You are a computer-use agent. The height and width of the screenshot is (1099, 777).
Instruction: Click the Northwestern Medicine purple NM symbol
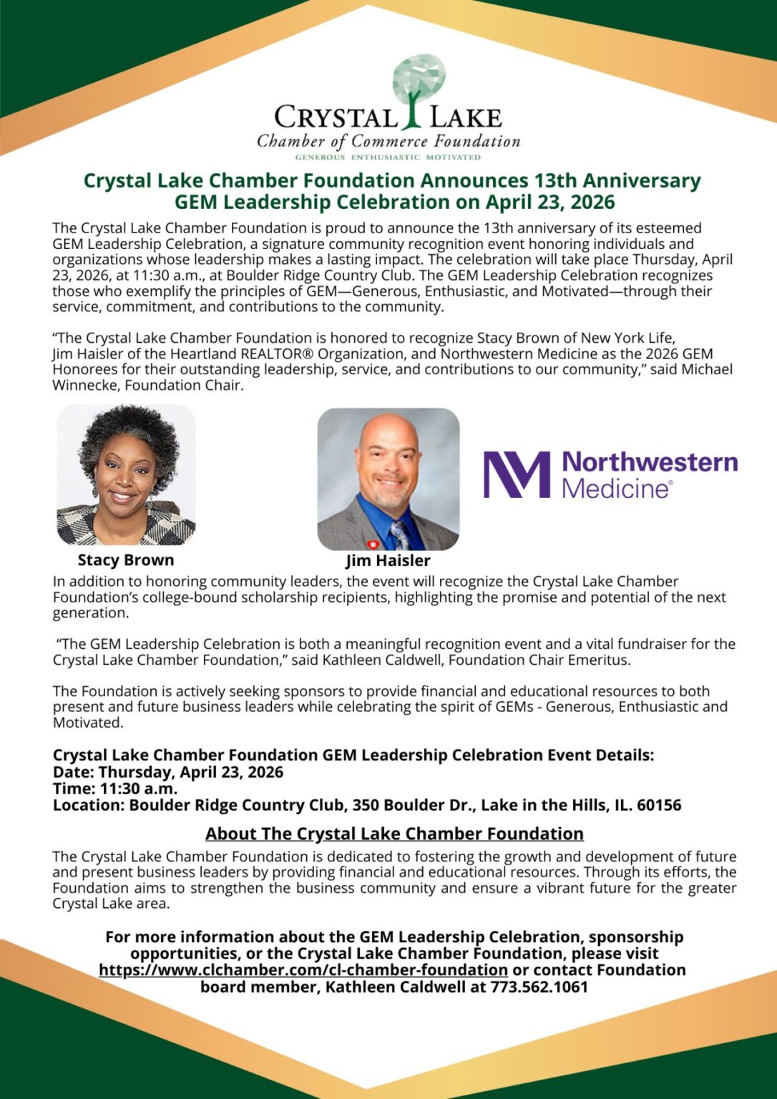tap(517, 474)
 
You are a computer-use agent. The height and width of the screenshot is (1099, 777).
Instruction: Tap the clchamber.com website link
tap(303, 970)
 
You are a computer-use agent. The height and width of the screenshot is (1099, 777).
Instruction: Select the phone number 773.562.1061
tap(539, 987)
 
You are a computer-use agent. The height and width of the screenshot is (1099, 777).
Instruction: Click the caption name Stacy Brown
tap(126, 560)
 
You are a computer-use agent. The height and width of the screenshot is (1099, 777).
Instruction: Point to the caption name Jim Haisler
tap(388, 561)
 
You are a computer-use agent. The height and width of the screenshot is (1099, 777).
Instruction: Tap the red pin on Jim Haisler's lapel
tap(372, 544)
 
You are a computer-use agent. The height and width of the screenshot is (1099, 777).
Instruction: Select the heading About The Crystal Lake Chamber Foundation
tap(394, 834)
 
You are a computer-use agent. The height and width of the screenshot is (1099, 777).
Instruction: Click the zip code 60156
tap(659, 806)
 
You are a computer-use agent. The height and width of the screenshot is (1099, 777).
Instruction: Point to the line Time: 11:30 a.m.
tap(115, 789)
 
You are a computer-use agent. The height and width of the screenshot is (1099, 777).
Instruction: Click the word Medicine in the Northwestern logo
tap(616, 489)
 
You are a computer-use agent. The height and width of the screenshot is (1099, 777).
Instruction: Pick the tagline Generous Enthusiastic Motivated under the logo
tap(388, 157)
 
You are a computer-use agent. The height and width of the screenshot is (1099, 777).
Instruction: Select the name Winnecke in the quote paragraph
tap(83, 386)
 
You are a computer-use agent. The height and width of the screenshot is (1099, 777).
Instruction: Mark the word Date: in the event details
tap(74, 773)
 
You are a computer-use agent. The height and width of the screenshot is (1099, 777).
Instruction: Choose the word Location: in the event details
tap(89, 806)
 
